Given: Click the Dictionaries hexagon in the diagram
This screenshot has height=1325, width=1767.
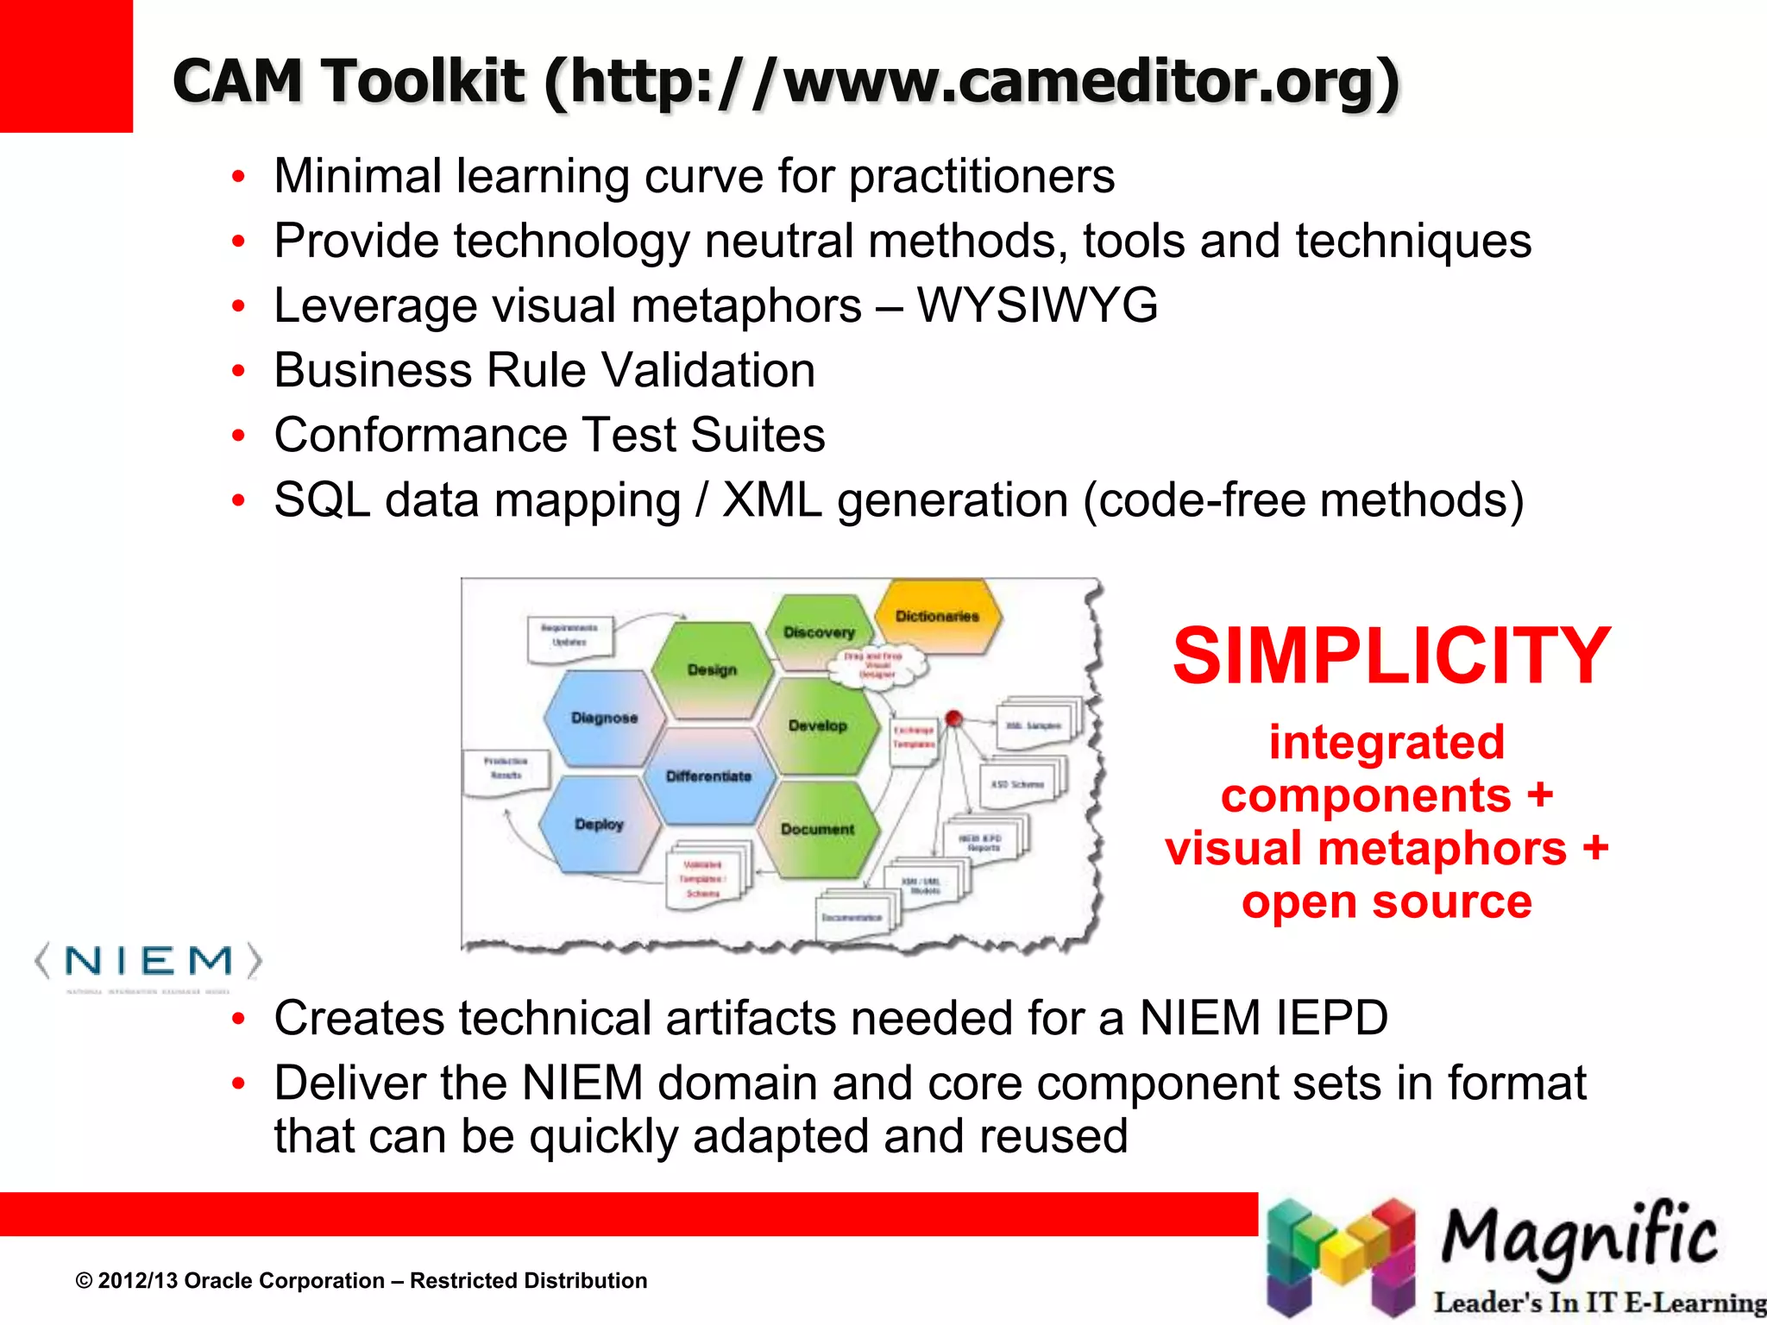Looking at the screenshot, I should point(937,616).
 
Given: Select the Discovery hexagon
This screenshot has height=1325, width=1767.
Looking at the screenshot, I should point(818,632).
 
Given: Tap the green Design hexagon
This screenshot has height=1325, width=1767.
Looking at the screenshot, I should point(712,669).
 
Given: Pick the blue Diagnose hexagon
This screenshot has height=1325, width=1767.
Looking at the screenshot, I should point(604,718).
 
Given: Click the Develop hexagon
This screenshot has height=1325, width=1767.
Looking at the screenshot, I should point(818,725).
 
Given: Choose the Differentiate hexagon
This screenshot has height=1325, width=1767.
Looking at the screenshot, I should point(708,776).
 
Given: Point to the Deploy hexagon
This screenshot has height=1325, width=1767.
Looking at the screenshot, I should point(599,824).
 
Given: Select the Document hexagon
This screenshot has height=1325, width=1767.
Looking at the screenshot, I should point(818,829).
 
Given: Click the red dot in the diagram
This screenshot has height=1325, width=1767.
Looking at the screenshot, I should point(953,718).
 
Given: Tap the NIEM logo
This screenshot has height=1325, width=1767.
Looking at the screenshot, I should point(148,963).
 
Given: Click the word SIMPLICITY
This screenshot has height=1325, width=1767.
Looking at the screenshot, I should point(1391,656).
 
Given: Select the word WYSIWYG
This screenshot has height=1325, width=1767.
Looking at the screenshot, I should point(1037,305).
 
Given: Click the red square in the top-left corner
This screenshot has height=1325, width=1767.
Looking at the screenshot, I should point(66,66).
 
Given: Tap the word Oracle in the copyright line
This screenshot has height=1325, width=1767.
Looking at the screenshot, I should point(223,1281).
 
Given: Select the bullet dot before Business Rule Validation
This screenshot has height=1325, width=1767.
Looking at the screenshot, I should point(239,371).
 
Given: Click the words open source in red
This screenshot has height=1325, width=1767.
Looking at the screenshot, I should point(1387,902).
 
